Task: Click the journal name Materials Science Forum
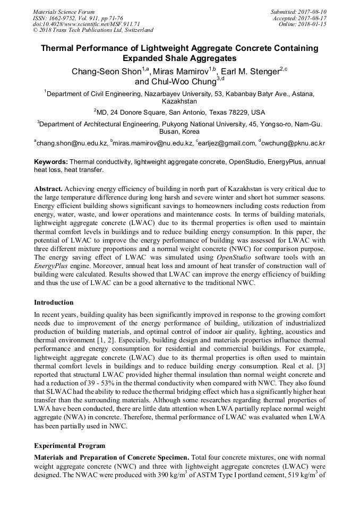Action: click(x=64, y=12)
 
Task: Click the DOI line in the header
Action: click(x=86, y=24)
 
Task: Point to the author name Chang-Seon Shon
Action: click(x=105, y=72)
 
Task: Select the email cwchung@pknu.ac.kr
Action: click(x=294, y=143)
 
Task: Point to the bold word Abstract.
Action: click(x=49, y=189)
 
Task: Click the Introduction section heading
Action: click(x=54, y=303)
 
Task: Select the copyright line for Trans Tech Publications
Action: click(x=93, y=30)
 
